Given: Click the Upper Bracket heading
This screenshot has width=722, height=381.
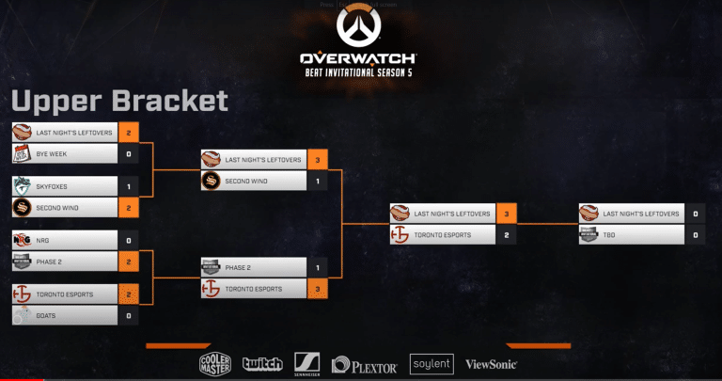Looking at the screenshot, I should (119, 101).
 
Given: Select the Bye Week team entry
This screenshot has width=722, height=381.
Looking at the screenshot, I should (65, 153).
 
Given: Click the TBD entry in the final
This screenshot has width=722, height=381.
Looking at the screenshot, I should (630, 234).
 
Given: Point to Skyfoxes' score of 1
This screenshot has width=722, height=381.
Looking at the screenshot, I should (128, 186).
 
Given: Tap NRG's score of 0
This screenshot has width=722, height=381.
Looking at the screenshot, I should (128, 240).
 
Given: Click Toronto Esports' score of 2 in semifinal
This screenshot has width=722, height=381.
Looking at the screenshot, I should (506, 234).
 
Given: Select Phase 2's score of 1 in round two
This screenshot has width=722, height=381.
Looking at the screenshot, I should (318, 267).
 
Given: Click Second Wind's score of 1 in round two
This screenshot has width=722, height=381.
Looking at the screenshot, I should (318, 181).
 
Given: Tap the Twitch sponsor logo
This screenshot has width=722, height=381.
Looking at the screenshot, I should (262, 364).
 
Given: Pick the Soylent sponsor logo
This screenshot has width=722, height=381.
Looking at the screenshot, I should (432, 364).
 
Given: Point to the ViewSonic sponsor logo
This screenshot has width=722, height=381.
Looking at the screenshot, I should (491, 364).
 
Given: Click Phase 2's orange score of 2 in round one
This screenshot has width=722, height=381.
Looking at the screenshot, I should (128, 262).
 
